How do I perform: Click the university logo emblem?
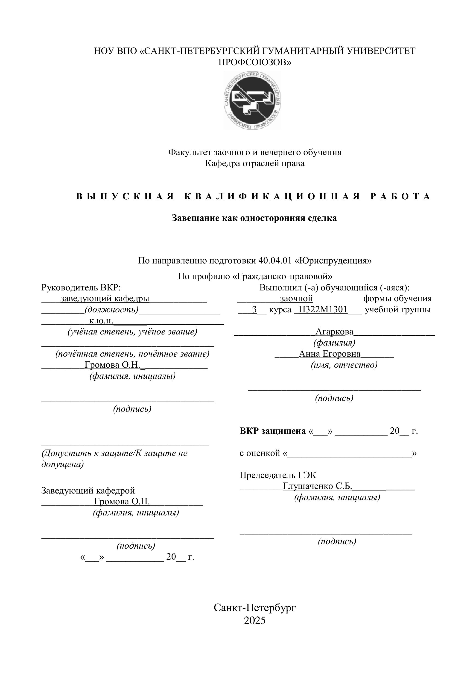[252, 101]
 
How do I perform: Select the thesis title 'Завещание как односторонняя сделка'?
[254, 218]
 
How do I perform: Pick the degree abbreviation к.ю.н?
[101, 321]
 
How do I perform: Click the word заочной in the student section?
[297, 299]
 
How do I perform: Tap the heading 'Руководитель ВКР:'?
[81, 287]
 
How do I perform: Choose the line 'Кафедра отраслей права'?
[254, 163]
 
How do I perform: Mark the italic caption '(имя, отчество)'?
[344, 365]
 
